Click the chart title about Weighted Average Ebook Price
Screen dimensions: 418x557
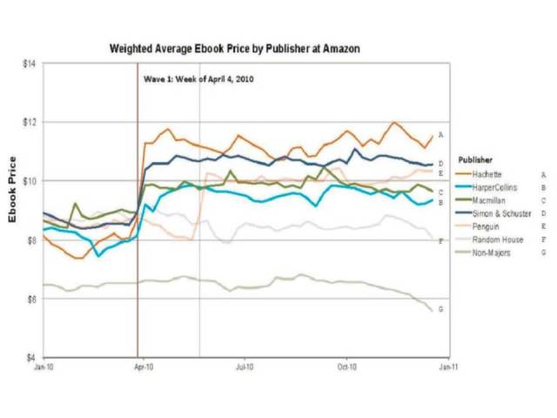pos(234,49)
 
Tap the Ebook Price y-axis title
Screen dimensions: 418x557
pos(13,190)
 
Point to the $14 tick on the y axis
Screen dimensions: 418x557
pos(30,64)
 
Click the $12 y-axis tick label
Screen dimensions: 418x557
pos(30,122)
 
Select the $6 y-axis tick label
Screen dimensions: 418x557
pos(30,299)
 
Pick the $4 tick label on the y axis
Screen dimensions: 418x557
pos(30,357)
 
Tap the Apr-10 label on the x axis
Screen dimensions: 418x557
pos(144,368)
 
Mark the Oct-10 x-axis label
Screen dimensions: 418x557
pos(347,368)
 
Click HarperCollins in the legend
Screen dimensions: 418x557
pos(495,186)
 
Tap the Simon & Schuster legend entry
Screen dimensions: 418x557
pos(499,212)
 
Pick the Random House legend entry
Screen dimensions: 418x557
pos(495,239)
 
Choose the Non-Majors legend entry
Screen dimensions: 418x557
pos(493,253)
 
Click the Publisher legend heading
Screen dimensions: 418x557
pos(476,160)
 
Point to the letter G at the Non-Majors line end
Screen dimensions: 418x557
pos(440,309)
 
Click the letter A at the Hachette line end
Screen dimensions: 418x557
pos(441,135)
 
